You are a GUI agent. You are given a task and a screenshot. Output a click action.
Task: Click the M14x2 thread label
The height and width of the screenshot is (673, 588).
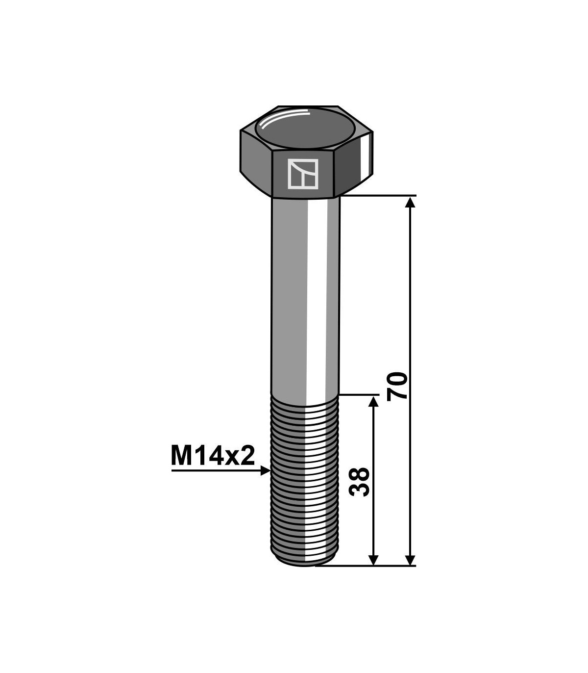click(213, 456)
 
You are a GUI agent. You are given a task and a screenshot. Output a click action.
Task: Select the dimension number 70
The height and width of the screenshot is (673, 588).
click(397, 386)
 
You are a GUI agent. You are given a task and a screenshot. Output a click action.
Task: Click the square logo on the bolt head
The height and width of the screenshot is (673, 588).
click(303, 174)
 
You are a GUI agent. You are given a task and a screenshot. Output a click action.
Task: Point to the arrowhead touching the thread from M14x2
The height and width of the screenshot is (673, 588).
click(265, 471)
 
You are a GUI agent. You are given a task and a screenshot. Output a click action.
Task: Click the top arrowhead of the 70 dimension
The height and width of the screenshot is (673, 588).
click(410, 203)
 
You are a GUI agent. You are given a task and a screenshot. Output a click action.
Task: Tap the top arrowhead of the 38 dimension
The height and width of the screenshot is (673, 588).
click(373, 402)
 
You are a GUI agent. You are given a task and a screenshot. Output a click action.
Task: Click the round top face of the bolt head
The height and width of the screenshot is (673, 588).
click(305, 129)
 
